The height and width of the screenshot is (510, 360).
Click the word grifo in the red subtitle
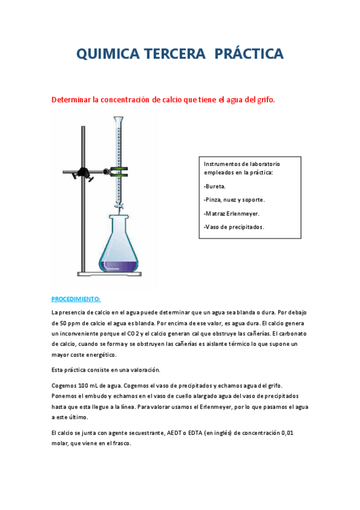click(x=264, y=100)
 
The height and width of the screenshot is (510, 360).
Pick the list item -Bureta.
click(x=215, y=186)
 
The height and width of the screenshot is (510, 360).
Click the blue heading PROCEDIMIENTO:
click(x=76, y=299)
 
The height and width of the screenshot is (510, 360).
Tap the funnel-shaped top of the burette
click(x=118, y=120)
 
